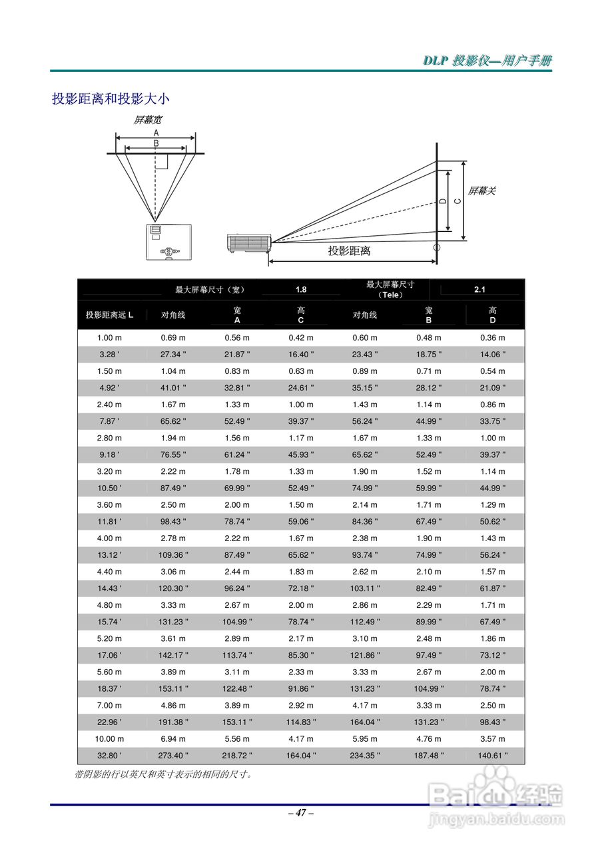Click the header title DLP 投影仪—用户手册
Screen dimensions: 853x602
tap(487, 61)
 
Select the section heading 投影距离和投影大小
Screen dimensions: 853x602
tap(111, 99)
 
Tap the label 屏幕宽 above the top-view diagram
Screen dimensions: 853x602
tap(147, 120)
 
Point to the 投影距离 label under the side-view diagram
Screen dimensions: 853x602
tap(349, 251)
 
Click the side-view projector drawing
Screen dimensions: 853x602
tap(248, 243)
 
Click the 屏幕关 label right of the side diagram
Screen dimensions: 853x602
tap(481, 191)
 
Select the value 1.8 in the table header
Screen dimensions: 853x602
tap(301, 289)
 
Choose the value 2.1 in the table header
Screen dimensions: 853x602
tap(479, 289)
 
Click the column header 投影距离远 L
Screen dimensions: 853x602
tap(109, 315)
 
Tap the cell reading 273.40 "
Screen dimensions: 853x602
tap(173, 756)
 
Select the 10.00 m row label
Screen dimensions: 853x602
tap(109, 739)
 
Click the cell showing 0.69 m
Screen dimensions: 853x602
tap(173, 338)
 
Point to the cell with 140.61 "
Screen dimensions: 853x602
tap(493, 756)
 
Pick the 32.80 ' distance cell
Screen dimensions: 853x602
tap(109, 756)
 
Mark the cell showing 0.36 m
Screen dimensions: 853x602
tap(493, 338)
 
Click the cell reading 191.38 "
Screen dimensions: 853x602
tap(173, 722)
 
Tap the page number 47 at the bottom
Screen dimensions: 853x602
tap(301, 812)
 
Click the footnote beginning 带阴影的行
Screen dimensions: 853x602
tap(163, 774)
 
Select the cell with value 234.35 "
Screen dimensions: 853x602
tap(365, 756)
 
